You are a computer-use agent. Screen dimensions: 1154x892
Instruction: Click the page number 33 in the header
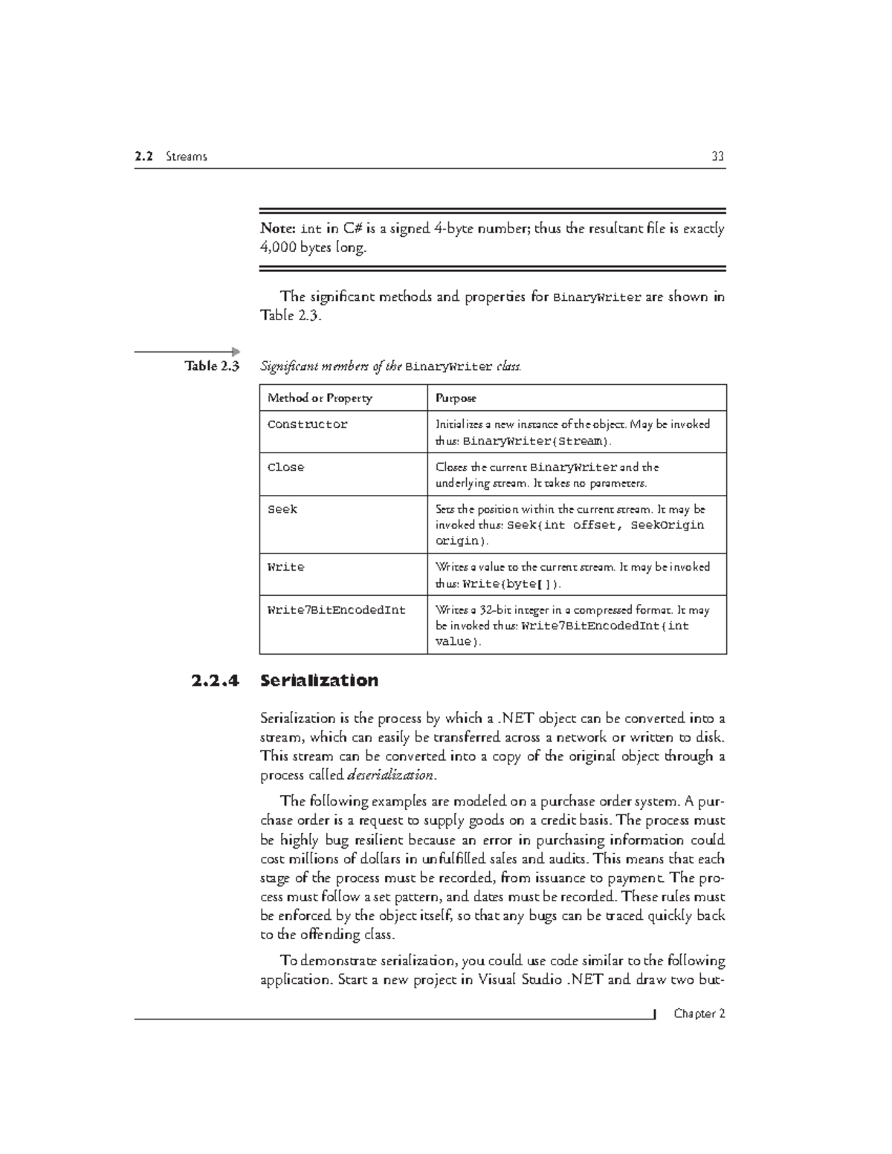pos(717,157)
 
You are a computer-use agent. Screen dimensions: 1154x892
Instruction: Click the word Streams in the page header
pos(187,157)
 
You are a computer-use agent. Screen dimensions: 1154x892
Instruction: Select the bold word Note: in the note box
pos(278,229)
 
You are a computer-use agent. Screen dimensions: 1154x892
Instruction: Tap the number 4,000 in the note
pos(278,248)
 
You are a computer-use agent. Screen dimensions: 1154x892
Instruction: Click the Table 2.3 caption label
pos(212,366)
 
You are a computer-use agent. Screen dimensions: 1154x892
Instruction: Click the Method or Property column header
pos(320,398)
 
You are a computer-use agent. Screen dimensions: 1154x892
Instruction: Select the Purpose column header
pos(456,398)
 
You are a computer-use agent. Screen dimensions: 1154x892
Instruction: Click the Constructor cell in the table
pos(307,425)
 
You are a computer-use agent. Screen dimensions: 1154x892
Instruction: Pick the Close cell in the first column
pos(285,467)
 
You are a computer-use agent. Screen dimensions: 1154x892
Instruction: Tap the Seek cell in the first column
pos(282,510)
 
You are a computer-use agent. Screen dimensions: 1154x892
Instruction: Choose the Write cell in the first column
pos(285,567)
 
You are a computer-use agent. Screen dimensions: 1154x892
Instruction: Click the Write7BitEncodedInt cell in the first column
pos(336,610)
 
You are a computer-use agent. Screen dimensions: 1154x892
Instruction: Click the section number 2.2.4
pos(215,681)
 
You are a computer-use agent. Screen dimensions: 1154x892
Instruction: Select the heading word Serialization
pos(319,681)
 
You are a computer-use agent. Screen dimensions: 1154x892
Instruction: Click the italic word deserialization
pos(391,775)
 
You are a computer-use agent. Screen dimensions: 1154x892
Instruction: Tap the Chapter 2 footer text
pos(699,1014)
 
